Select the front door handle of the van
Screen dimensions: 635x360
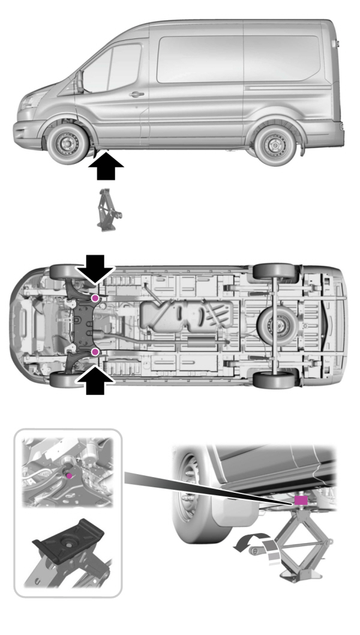(137, 94)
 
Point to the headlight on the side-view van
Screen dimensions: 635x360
(28, 103)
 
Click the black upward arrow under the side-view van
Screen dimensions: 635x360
(106, 166)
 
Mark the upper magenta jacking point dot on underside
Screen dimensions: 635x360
(95, 298)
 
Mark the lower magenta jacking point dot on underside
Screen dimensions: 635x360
(95, 351)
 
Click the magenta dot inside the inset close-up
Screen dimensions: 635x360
(70, 475)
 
